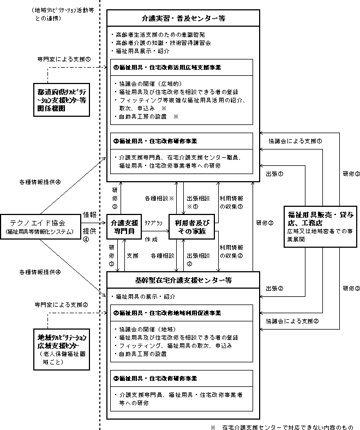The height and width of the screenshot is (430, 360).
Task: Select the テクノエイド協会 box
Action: pyautogui.click(x=38, y=226)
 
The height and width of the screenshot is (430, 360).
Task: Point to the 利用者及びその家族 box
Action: pyautogui.click(x=192, y=226)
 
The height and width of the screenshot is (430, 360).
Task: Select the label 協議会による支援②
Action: pyautogui.click(x=293, y=321)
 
